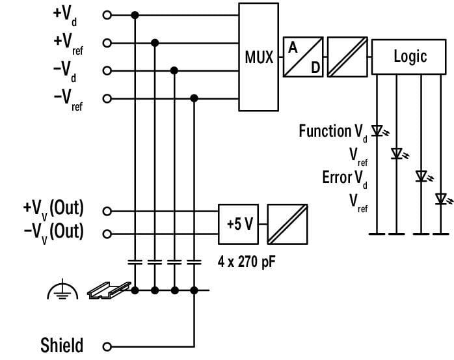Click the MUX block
pyautogui.click(x=258, y=57)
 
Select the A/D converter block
pyautogui.click(x=304, y=57)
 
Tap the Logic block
pyautogui.click(x=409, y=57)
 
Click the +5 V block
pyautogui.click(x=239, y=223)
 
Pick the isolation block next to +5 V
pyautogui.click(x=287, y=223)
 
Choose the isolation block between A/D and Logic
pyautogui.click(x=347, y=57)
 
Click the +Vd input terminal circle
pyautogui.click(x=107, y=14)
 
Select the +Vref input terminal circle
pyautogui.click(x=107, y=43)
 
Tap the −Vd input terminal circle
pyautogui.click(x=107, y=70)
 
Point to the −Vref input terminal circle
pyautogui.click(x=107, y=98)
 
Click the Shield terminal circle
pyautogui.click(x=107, y=346)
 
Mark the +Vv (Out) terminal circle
pyautogui.click(x=107, y=211)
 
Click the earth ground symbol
pyautogui.click(x=62, y=292)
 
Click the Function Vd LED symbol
pyautogui.click(x=377, y=131)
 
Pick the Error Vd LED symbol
pyautogui.click(x=421, y=176)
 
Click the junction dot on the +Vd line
pyautogui.click(x=135, y=14)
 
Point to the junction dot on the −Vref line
pyautogui.click(x=194, y=98)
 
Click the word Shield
pyautogui.click(x=62, y=345)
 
